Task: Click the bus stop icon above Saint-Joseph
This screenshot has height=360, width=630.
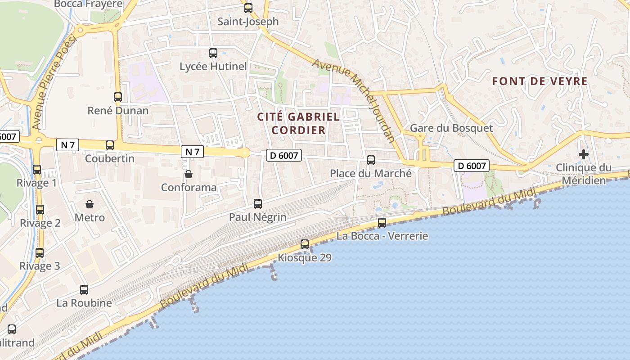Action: tap(248, 8)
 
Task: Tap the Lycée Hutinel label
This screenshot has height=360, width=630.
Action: tap(213, 67)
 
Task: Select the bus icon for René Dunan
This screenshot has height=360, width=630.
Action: tap(118, 97)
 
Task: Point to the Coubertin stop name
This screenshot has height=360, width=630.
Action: tap(110, 158)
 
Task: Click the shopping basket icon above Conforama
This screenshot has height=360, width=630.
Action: tap(189, 174)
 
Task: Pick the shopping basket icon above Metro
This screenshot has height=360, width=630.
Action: tap(90, 204)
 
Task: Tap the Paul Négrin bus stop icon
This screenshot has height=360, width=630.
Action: tap(258, 204)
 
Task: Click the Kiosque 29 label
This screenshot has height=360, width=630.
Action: tap(305, 258)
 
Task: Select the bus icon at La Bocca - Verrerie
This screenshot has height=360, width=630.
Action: tap(382, 222)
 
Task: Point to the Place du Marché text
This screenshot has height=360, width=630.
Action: tap(371, 173)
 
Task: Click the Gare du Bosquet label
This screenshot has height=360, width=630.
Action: tap(451, 128)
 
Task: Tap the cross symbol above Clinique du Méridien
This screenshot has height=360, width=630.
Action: tap(584, 155)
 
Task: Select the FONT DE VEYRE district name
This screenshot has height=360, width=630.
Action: tap(540, 81)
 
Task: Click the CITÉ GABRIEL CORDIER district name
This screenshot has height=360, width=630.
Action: tap(298, 123)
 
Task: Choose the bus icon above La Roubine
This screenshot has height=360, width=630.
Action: tap(84, 290)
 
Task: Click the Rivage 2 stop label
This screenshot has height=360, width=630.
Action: tap(40, 223)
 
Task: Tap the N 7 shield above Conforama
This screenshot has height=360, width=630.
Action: tap(192, 152)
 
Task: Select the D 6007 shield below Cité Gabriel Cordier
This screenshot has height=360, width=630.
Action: tap(283, 155)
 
